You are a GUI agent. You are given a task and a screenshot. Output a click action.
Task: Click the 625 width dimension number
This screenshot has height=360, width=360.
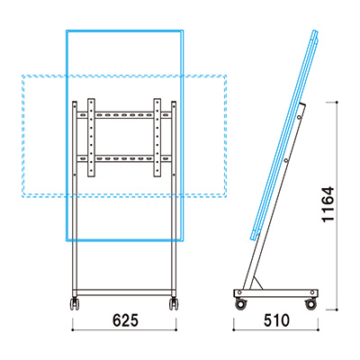click(125, 320)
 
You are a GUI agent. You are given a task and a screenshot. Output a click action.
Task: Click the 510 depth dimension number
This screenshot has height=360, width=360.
click(276, 320)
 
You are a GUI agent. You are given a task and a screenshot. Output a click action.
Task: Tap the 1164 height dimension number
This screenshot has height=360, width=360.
click(328, 204)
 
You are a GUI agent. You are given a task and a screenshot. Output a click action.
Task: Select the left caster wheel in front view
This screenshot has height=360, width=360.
click(75, 303)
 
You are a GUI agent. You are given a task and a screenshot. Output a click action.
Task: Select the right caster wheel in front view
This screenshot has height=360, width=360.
click(174, 303)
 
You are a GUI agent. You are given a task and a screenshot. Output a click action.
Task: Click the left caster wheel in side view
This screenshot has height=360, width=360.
click(240, 304)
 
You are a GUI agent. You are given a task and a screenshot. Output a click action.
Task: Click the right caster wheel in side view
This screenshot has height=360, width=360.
click(310, 304)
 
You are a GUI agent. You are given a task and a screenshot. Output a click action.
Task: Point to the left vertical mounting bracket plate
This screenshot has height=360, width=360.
click(91, 138)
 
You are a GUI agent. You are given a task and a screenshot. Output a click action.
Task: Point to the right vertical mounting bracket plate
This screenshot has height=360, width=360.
click(157, 138)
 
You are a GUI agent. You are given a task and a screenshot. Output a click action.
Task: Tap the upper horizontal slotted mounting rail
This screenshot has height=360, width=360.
click(124, 115)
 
